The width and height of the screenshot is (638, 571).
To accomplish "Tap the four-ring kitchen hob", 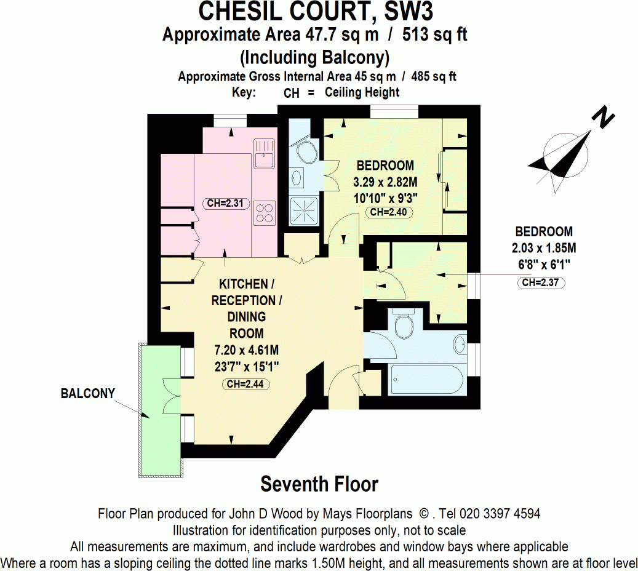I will point(265,212).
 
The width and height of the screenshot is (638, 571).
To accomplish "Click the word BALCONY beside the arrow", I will point(88,394).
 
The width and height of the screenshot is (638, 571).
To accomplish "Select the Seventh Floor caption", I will point(319,484).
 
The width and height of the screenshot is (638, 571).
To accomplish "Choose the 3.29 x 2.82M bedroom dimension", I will point(385,182).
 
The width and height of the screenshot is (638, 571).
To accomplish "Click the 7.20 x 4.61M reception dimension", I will point(247,351).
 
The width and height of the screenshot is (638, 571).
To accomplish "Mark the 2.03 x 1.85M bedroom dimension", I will point(544,249).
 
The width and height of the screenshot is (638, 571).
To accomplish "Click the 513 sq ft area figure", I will point(435,34).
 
